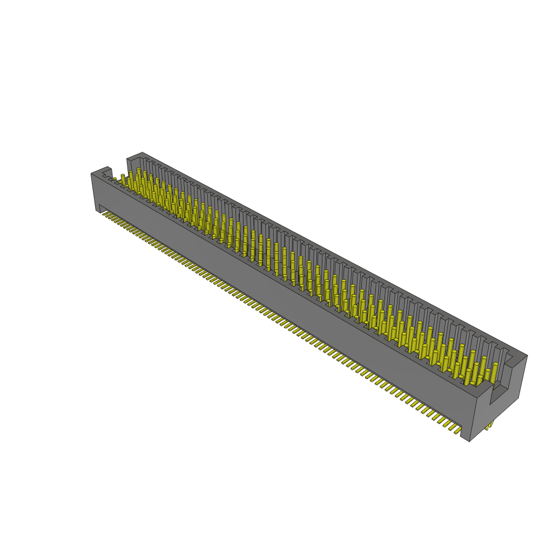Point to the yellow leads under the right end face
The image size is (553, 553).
pos(489,425)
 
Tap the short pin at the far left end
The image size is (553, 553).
pos(114,179)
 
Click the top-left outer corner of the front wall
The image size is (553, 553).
pos(91,174)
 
